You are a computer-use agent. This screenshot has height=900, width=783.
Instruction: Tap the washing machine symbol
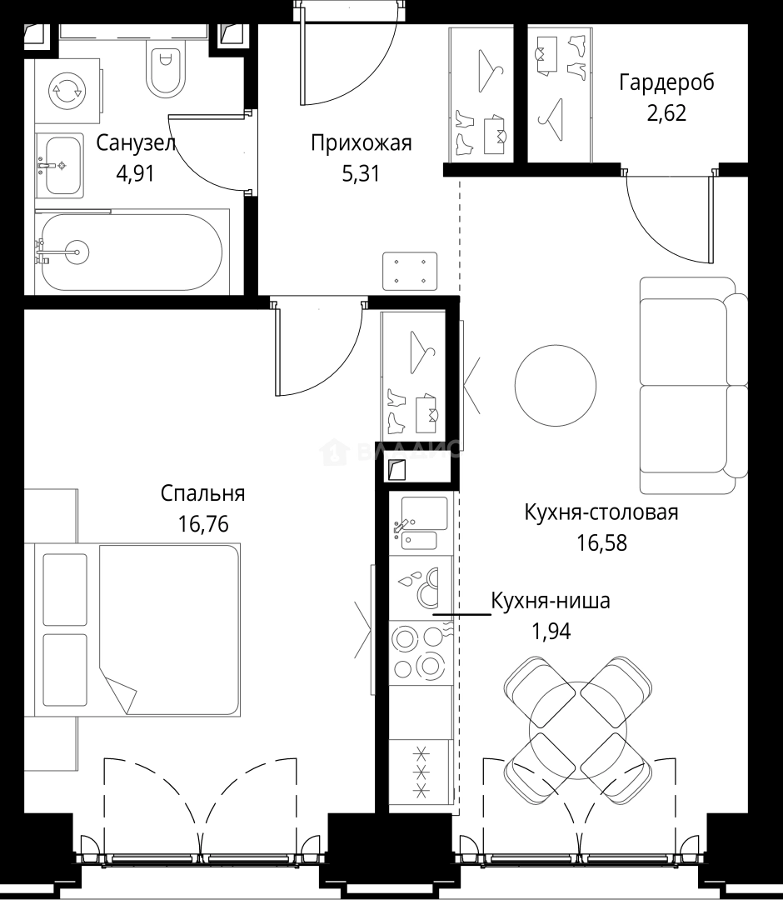coord(67,91)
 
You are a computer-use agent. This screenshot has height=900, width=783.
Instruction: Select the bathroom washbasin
coord(60,166)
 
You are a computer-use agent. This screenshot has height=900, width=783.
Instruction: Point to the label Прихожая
coord(362,143)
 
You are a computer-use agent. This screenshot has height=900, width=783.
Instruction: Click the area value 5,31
coord(361,173)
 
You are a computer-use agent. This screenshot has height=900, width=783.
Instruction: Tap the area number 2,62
coord(666,113)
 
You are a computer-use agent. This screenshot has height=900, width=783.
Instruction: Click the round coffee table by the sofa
coord(556,385)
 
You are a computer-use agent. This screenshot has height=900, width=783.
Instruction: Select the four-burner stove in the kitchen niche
coord(421,652)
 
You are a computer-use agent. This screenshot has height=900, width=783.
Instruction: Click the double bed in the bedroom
coord(137,630)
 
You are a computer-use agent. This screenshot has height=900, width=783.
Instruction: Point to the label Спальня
coord(203,493)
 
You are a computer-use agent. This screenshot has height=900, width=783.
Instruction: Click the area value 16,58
coord(601,542)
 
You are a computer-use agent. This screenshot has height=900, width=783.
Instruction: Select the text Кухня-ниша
coord(551,601)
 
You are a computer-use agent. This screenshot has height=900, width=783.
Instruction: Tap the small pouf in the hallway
coord(410,271)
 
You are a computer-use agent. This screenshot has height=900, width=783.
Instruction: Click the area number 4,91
coord(136,172)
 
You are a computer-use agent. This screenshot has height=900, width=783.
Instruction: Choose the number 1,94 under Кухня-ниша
coord(551,632)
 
